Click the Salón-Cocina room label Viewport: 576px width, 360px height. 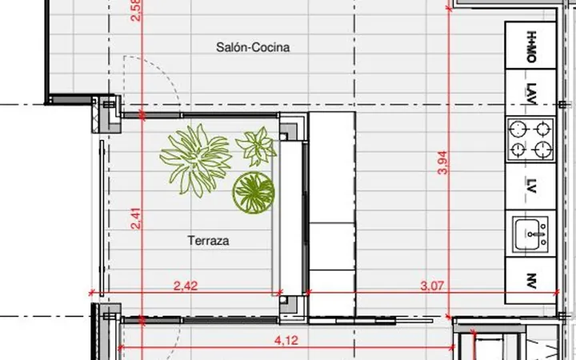[x=253, y=47]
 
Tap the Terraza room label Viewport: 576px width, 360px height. [x=208, y=241]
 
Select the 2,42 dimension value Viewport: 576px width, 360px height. [x=186, y=286]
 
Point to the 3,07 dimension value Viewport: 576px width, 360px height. [x=432, y=286]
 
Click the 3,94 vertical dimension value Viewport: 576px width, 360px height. [x=443, y=162]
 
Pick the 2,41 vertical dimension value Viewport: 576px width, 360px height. [x=136, y=218]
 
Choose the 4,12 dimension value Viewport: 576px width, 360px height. [x=286, y=341]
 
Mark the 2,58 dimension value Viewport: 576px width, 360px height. [x=136, y=10]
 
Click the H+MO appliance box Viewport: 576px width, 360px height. [x=530, y=45]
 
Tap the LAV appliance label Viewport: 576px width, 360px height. [x=531, y=94]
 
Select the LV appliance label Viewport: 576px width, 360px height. [x=531, y=186]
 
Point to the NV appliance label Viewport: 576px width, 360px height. [x=531, y=281]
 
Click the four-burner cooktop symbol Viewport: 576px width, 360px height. [x=530, y=139]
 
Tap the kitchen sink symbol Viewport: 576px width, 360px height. [x=531, y=234]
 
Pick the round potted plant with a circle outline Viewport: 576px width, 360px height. [x=254, y=193]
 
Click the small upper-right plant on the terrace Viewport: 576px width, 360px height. [x=257, y=146]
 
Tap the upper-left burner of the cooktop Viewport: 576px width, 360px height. [x=518, y=129]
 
